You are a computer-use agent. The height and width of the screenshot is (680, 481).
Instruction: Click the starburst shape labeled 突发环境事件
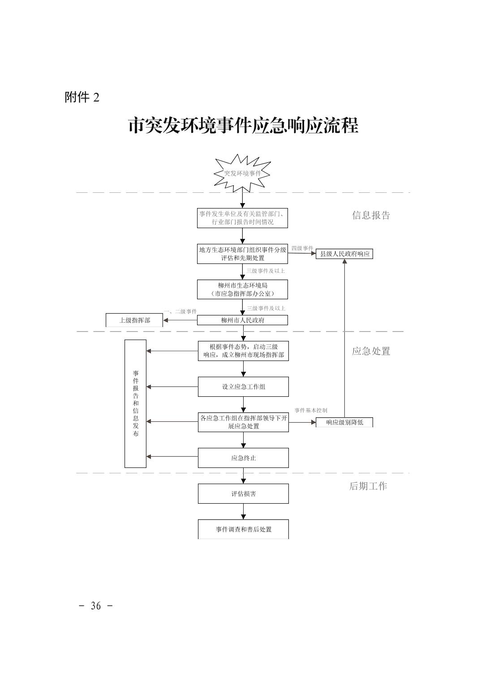(x=242, y=173)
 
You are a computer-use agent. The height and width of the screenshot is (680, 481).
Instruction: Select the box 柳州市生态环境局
(x=242, y=289)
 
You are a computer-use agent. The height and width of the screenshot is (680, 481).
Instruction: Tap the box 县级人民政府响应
(x=344, y=254)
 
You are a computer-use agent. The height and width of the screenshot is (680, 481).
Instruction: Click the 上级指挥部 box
(x=134, y=320)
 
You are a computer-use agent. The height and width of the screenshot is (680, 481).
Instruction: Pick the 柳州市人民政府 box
(x=242, y=320)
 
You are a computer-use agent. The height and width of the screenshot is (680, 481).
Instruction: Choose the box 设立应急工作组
(x=243, y=387)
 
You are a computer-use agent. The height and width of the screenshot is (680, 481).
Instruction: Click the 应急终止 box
(x=243, y=458)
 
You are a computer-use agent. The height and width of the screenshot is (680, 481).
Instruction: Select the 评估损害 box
(x=243, y=494)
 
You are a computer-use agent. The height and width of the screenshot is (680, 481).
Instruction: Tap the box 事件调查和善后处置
(x=243, y=529)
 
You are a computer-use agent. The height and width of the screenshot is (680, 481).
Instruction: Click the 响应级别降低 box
(x=344, y=422)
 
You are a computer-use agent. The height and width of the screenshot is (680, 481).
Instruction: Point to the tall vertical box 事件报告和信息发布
(x=135, y=404)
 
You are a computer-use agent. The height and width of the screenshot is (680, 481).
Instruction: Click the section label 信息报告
(x=371, y=215)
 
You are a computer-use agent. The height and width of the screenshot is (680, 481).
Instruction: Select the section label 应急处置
(x=371, y=351)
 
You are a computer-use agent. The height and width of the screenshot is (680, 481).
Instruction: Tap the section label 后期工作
(x=368, y=486)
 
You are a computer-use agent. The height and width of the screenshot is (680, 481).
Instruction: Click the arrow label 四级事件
(x=302, y=248)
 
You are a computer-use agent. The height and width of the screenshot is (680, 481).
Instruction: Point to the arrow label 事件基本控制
(x=310, y=410)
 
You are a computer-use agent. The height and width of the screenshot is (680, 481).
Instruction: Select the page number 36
(x=96, y=606)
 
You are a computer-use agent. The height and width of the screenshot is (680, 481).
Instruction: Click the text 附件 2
(x=82, y=97)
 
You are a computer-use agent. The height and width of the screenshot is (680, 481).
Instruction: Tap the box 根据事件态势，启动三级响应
(x=243, y=351)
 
